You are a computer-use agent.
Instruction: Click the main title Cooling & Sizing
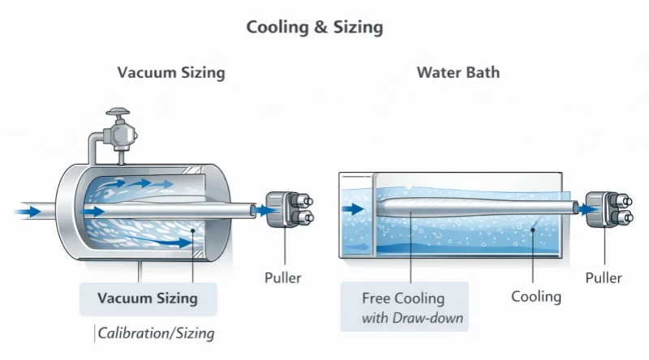[315, 27]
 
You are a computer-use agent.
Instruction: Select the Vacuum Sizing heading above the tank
[171, 72]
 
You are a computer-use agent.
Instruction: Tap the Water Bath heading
[458, 72]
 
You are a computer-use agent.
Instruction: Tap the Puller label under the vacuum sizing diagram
[283, 277]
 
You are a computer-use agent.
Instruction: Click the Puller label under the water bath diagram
[604, 277]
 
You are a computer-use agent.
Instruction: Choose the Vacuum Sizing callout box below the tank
[148, 298]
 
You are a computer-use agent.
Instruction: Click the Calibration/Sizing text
[156, 332]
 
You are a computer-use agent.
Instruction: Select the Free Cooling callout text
[403, 298]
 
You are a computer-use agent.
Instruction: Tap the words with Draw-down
[413, 317]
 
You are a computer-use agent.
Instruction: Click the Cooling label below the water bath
[535, 296]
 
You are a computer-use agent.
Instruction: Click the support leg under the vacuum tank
[140, 271]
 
